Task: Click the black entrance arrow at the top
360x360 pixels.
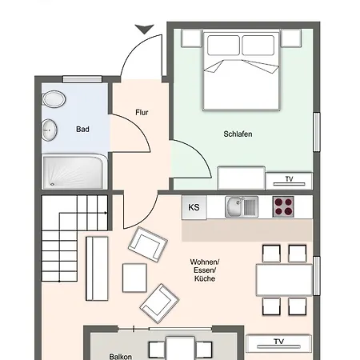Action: pyautogui.click(x=144, y=29)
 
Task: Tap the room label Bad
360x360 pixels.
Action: pyautogui.click(x=82, y=129)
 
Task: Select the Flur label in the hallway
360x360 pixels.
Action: pyautogui.click(x=142, y=113)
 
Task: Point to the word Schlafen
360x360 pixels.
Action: pyautogui.click(x=238, y=134)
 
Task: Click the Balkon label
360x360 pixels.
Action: pyautogui.click(x=121, y=356)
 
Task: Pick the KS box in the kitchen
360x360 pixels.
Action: pyautogui.click(x=194, y=207)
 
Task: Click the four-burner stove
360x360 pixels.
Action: pyautogui.click(x=284, y=206)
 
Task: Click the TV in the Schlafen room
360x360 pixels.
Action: pyautogui.click(x=288, y=179)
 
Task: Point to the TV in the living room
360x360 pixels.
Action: pyautogui.click(x=278, y=342)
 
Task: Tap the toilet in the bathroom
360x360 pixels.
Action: pyautogui.click(x=54, y=99)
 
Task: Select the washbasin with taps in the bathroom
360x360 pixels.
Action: pyautogui.click(x=50, y=129)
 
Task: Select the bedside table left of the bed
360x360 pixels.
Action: pyautogui.click(x=190, y=38)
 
